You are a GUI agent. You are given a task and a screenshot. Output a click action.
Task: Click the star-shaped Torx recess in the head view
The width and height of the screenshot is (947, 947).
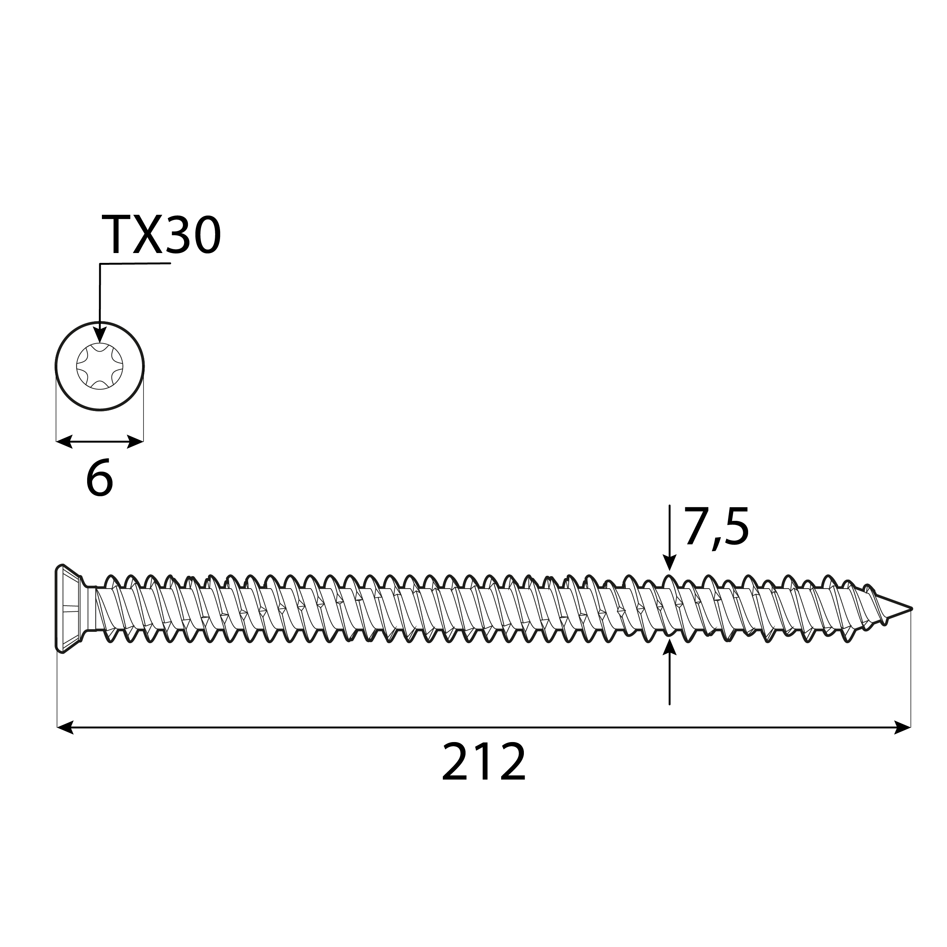click(100, 366)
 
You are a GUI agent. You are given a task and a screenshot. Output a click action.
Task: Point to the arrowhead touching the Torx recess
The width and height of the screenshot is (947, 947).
click(100, 336)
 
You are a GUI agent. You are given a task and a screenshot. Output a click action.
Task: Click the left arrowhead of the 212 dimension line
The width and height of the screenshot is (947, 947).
click(65, 727)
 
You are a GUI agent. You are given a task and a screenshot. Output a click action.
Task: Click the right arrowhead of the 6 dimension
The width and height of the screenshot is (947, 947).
click(135, 441)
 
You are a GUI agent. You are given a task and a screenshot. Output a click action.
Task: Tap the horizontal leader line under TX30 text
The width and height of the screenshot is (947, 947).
click(135, 264)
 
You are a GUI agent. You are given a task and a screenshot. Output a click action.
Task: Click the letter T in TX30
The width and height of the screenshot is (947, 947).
click(115, 236)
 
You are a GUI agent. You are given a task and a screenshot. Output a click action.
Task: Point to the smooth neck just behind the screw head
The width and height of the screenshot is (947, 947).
click(90, 609)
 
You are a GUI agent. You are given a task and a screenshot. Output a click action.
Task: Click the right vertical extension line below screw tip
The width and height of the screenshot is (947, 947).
click(911, 677)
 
